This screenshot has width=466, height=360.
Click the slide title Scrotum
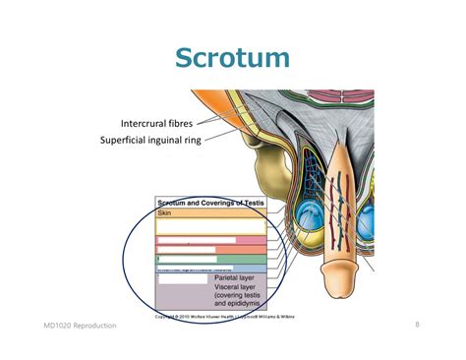(232, 57)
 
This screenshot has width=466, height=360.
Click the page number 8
(417, 324)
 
